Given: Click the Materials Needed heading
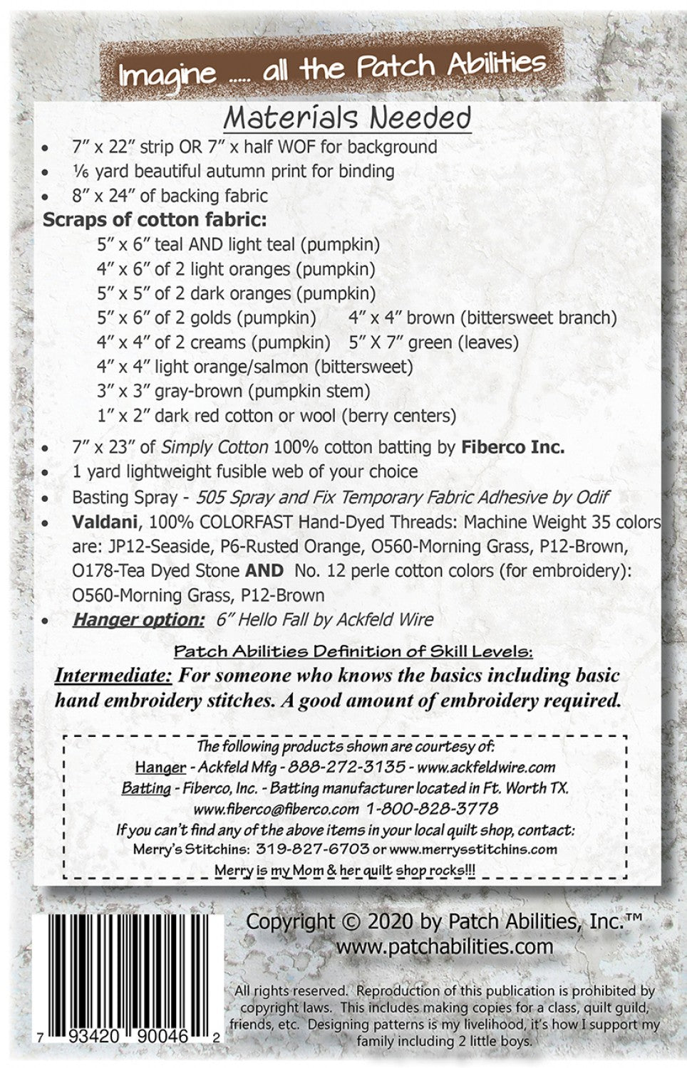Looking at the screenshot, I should (x=347, y=118).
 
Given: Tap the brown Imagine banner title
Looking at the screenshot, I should (x=332, y=69).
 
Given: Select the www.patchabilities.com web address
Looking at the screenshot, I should (x=444, y=946).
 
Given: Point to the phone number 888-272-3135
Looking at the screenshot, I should (x=364, y=768).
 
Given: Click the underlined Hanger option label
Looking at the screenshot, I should (x=138, y=619).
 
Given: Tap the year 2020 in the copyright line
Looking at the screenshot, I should (x=391, y=921).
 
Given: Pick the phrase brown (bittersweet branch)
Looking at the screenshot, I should (x=511, y=318).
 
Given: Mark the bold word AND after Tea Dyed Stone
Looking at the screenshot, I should (x=264, y=571).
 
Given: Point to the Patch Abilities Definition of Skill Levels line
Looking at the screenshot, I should (x=353, y=651).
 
